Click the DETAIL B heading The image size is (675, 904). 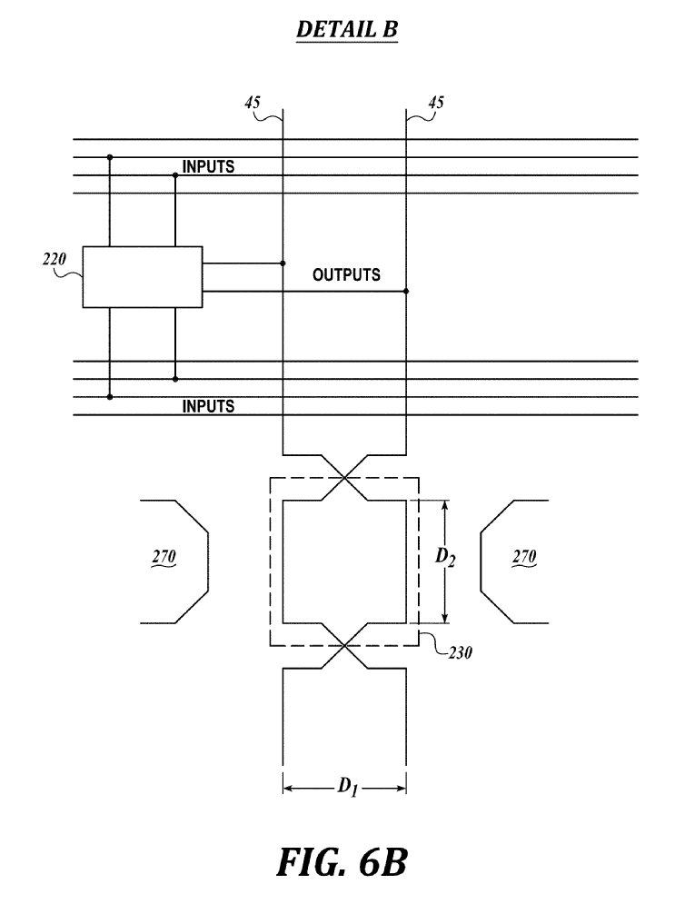[x=347, y=29]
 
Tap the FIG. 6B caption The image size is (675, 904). [x=342, y=862]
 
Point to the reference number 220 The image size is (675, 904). [x=55, y=260]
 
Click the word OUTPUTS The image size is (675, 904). [x=346, y=274]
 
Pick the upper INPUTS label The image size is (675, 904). [x=208, y=166]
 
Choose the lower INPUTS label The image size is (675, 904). [x=208, y=406]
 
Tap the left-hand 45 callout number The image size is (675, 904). [x=253, y=103]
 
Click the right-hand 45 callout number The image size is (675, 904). [x=436, y=103]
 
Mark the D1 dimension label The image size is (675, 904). [x=347, y=787]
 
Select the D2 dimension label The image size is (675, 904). [x=445, y=557]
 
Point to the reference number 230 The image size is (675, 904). [x=460, y=652]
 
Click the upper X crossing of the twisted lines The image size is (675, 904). [x=344, y=477]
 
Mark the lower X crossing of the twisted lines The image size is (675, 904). [x=344, y=646]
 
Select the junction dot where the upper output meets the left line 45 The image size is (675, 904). [x=283, y=263]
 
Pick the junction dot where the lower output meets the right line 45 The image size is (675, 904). [x=406, y=291]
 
